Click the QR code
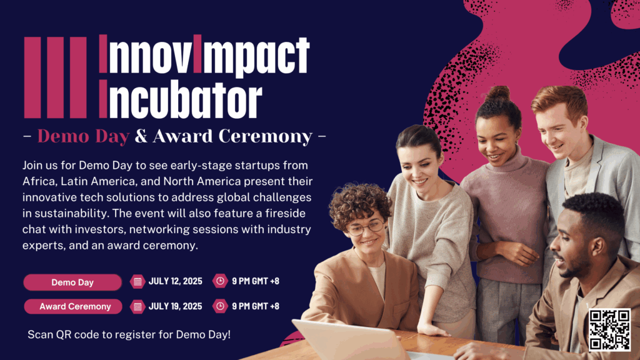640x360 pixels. click(609, 330)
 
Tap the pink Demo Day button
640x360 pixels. click(72, 282)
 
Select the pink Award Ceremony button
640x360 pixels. click(73, 306)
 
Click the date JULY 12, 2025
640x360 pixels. click(175, 281)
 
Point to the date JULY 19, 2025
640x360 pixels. click(175, 306)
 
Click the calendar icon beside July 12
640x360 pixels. click(137, 281)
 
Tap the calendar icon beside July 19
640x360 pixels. click(137, 306)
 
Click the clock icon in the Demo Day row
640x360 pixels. click(220, 281)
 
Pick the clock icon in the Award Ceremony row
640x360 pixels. click(220, 306)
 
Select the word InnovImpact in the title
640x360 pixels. click(204, 55)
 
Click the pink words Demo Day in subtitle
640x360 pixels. click(83, 136)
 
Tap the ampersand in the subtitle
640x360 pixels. click(141, 136)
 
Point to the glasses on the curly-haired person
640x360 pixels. click(366, 227)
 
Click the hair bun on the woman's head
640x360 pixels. click(497, 94)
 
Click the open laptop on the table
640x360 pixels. click(347, 339)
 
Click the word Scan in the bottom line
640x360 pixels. click(41, 335)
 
